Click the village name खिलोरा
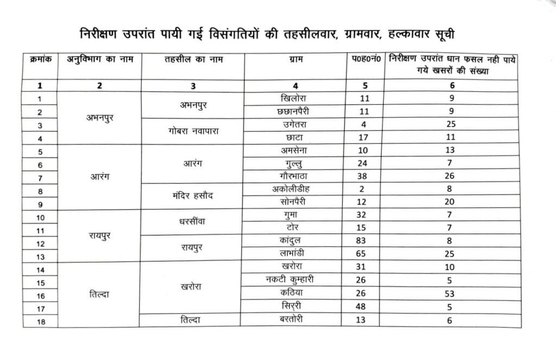click(294, 99)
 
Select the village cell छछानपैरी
click(294, 111)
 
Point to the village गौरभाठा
click(294, 176)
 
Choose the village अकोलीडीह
click(294, 189)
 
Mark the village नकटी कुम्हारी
click(294, 280)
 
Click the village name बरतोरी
click(294, 319)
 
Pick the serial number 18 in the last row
click(39, 321)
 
